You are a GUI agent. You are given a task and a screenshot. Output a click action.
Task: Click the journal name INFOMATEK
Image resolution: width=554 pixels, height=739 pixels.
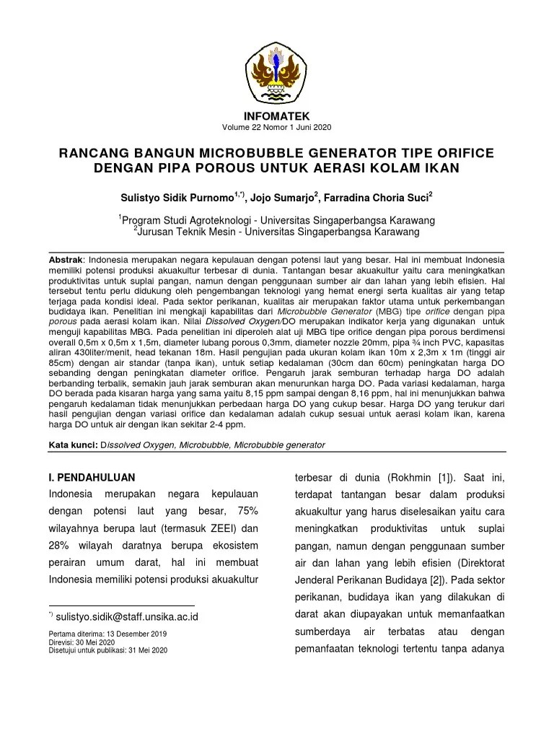pos(276,116)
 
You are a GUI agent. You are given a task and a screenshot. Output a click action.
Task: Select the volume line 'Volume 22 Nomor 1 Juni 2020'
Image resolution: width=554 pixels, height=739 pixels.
pos(276,128)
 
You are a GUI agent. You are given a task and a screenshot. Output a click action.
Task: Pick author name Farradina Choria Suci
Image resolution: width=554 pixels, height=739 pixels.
pos(375,197)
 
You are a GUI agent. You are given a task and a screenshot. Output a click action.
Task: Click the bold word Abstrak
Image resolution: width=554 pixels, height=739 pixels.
pos(66,259)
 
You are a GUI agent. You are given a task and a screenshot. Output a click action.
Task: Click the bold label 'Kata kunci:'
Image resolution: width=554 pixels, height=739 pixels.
pos(72,445)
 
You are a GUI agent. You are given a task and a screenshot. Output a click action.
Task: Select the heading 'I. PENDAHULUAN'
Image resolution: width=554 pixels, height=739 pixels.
pos(91,478)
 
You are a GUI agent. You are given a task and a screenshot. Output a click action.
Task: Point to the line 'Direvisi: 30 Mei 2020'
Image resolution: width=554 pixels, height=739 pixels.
pos(82,642)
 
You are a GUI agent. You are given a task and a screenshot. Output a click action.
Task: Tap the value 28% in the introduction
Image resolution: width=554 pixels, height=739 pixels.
pos(61,545)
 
